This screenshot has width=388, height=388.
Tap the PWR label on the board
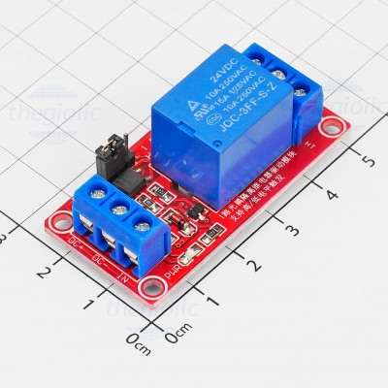point(172,274)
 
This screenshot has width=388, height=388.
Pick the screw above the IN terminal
point(145,229)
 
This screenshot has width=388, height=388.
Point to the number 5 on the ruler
point(367,158)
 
